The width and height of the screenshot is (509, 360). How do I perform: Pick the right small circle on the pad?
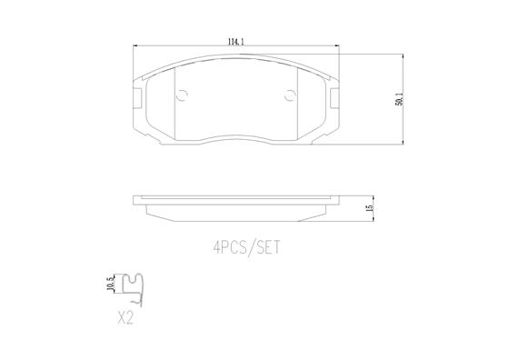291,95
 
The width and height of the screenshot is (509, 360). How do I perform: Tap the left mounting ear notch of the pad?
138,97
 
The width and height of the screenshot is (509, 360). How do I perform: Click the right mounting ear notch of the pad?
334,97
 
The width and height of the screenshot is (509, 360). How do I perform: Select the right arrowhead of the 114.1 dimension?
336,47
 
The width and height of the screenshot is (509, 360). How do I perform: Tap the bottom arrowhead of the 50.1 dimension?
404,141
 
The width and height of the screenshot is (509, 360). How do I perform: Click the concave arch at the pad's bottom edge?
236,134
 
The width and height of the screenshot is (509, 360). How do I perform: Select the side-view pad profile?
236,204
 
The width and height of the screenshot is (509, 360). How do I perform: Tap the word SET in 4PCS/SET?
265,245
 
